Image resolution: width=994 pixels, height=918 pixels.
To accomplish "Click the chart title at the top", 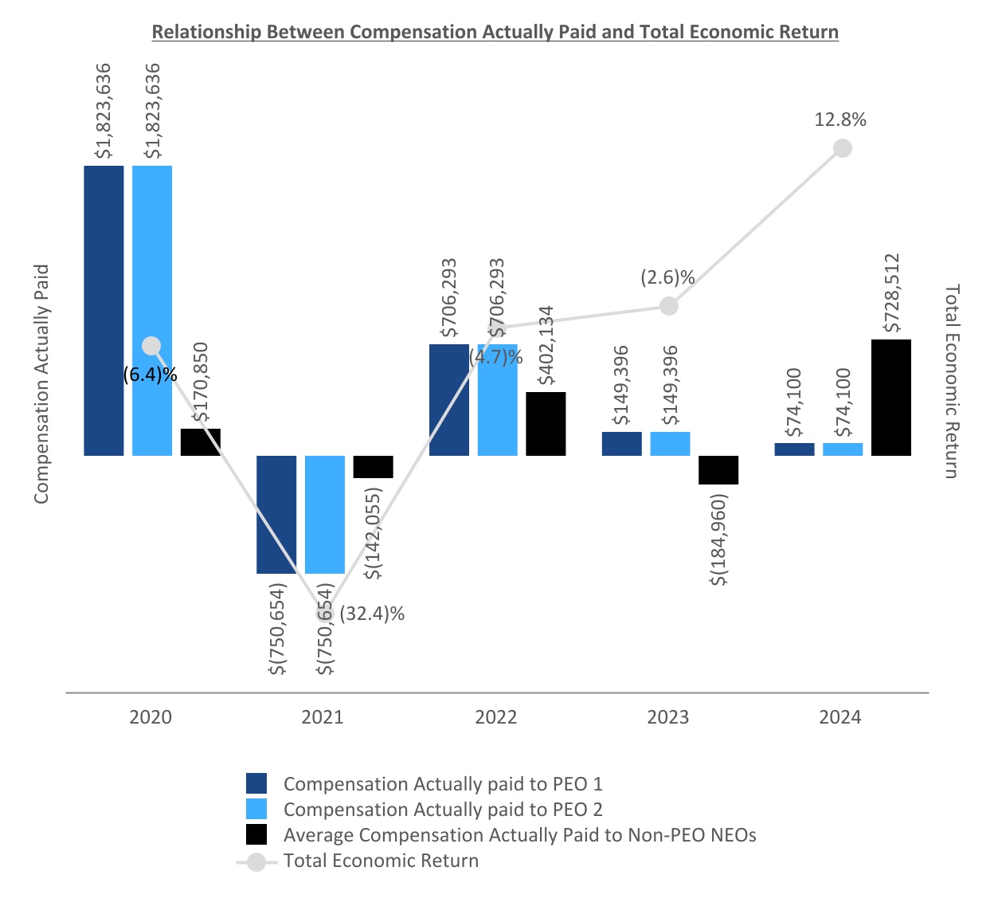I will coord(495,32).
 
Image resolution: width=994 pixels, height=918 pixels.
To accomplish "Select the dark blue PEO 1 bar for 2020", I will coord(104,310).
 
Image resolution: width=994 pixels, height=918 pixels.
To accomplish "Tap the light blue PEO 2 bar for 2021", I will coord(325,514).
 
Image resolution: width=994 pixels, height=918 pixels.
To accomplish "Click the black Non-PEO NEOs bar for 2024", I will coord(890,398).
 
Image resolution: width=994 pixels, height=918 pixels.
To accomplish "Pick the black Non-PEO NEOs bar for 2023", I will coord(718,469).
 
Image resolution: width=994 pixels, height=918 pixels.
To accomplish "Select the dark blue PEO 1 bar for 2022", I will coord(448,399).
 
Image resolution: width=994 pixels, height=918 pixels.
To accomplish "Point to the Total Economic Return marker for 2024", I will coord(842,148).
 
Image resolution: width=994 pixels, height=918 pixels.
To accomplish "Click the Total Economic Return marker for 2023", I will coord(669,306).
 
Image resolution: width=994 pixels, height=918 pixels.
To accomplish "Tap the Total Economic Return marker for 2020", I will coord(151,346).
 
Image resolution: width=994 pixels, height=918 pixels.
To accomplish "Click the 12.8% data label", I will coord(840,120).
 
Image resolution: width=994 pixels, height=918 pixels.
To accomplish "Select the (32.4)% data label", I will coord(372,614).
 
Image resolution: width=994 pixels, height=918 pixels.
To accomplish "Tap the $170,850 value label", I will coord(201,382).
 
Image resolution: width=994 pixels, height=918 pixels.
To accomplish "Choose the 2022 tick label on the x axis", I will coord(495,717).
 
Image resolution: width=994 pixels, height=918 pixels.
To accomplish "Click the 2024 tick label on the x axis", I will coord(839,717).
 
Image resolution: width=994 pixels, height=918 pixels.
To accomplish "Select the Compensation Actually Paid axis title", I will coord(41,383).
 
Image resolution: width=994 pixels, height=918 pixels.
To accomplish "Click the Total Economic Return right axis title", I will coord(952,381).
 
